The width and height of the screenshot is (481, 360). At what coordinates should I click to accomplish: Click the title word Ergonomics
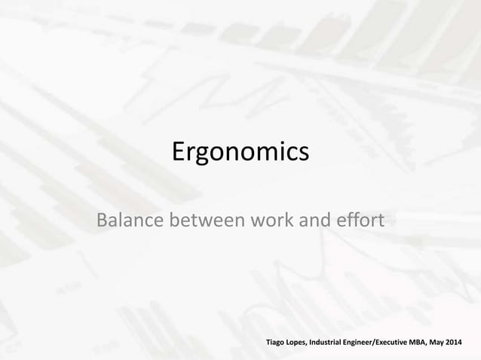[x=240, y=152]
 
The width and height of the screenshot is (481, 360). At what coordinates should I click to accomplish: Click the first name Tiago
[x=279, y=343]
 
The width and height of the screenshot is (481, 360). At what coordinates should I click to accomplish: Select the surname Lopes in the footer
[x=306, y=343]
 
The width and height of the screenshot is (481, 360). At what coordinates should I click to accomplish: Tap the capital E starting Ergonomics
[x=180, y=152]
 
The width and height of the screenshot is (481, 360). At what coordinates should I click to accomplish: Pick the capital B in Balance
[x=97, y=222]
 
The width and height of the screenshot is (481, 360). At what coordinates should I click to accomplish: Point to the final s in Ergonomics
[x=303, y=154]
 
